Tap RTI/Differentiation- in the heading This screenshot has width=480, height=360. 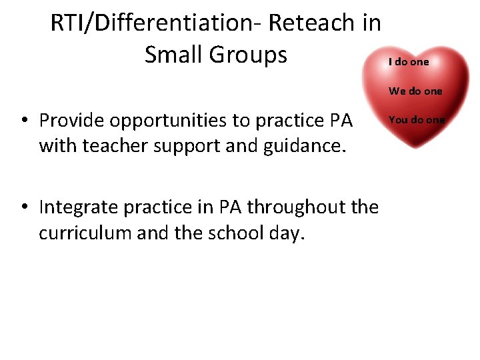point(156,23)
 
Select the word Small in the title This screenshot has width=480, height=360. point(173,55)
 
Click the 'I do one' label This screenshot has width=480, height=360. point(409,61)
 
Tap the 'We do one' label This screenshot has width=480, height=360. point(415,91)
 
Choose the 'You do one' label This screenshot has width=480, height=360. point(416,119)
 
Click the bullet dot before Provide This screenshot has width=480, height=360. point(23,121)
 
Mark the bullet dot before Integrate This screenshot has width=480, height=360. point(23,208)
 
